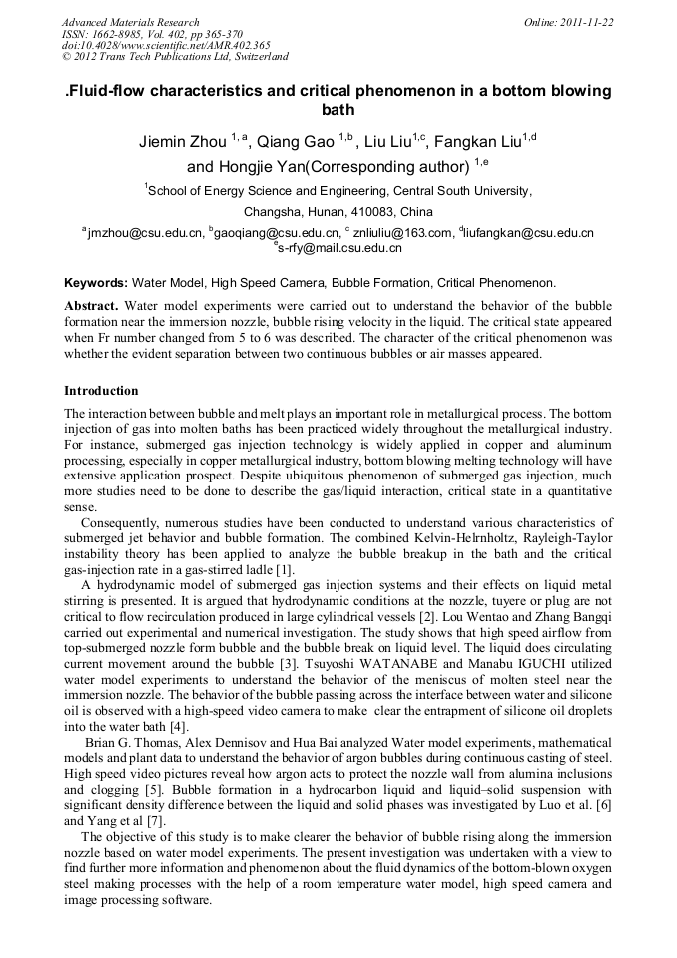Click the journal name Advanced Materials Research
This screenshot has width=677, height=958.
[130, 22]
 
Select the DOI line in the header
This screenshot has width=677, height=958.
[166, 45]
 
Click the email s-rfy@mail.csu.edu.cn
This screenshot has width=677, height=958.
[339, 248]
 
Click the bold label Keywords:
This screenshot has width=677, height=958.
[95, 283]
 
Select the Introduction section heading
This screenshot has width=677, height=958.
[101, 390]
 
